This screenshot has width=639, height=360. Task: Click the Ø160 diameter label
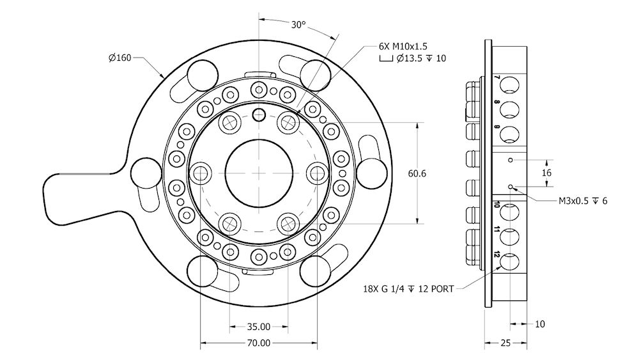[x=119, y=58]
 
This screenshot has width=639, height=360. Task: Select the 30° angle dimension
[x=298, y=25]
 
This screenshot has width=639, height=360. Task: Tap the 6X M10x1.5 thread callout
[x=403, y=46]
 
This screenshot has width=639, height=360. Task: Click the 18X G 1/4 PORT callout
[x=408, y=289]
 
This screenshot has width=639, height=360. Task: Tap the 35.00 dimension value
[x=258, y=326]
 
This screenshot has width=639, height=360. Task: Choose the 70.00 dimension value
[x=258, y=343]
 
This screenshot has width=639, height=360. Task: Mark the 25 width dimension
[x=505, y=343]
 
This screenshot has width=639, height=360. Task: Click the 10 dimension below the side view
[x=540, y=324]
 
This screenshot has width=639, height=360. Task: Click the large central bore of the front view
[x=258, y=173]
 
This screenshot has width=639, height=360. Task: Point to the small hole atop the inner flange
[x=258, y=114]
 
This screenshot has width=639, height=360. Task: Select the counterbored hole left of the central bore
[x=201, y=173]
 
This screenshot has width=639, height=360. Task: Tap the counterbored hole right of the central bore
[x=316, y=173]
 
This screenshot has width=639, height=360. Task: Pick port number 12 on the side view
[x=497, y=254]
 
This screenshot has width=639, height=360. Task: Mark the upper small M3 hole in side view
[x=511, y=159]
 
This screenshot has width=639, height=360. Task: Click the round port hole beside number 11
[x=509, y=236]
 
